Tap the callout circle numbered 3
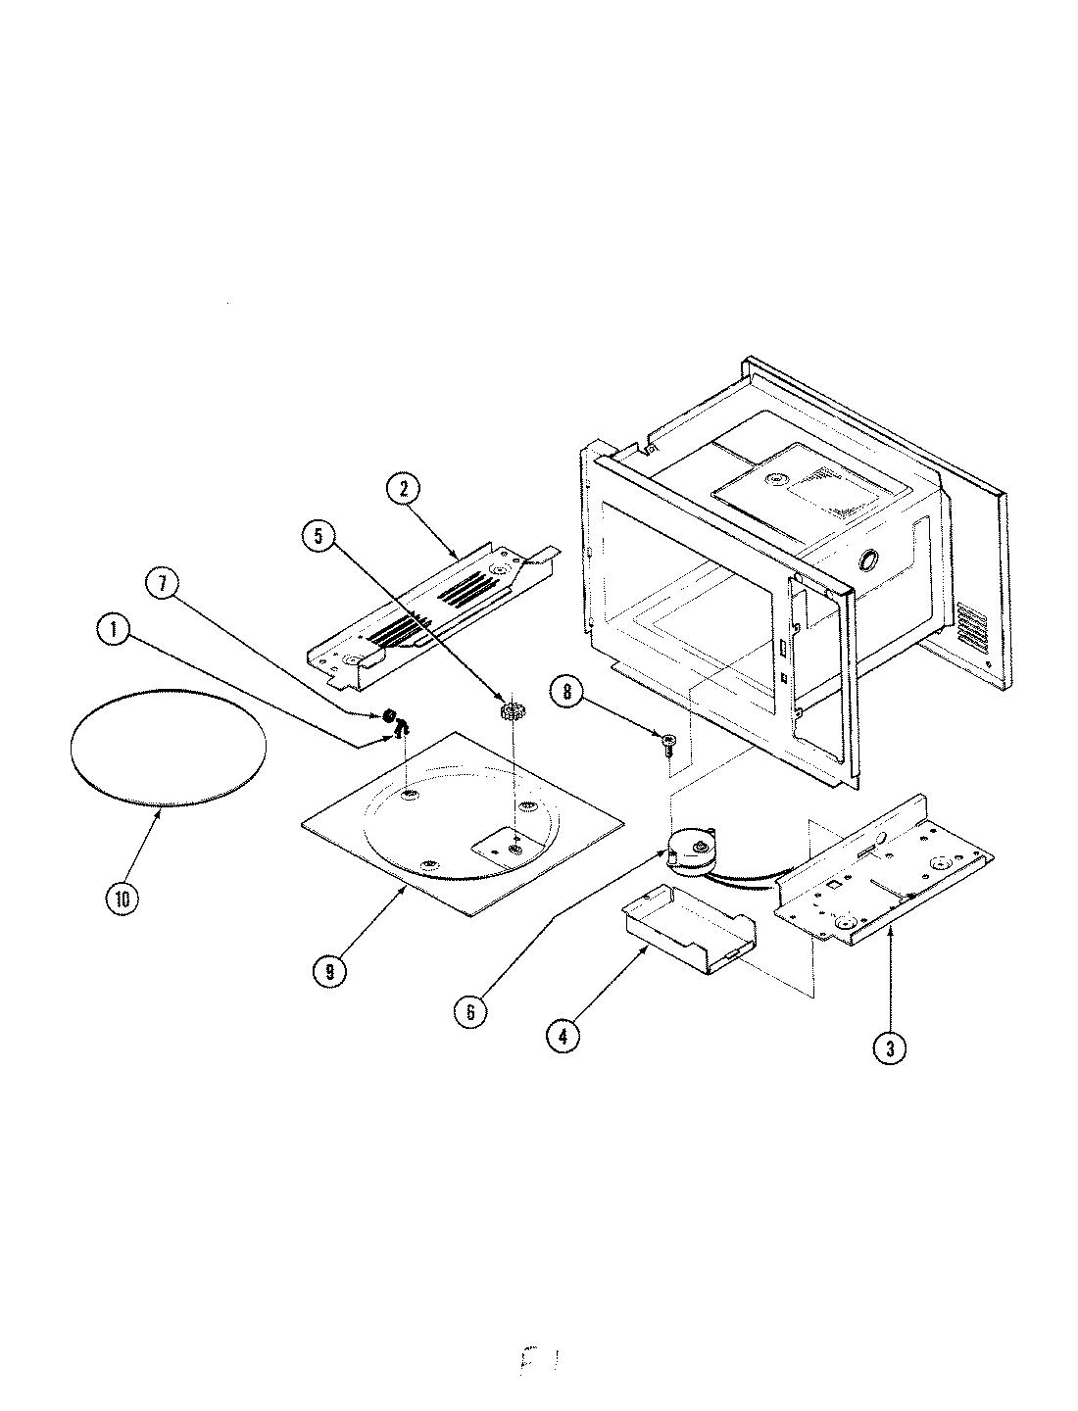click(890, 1048)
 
